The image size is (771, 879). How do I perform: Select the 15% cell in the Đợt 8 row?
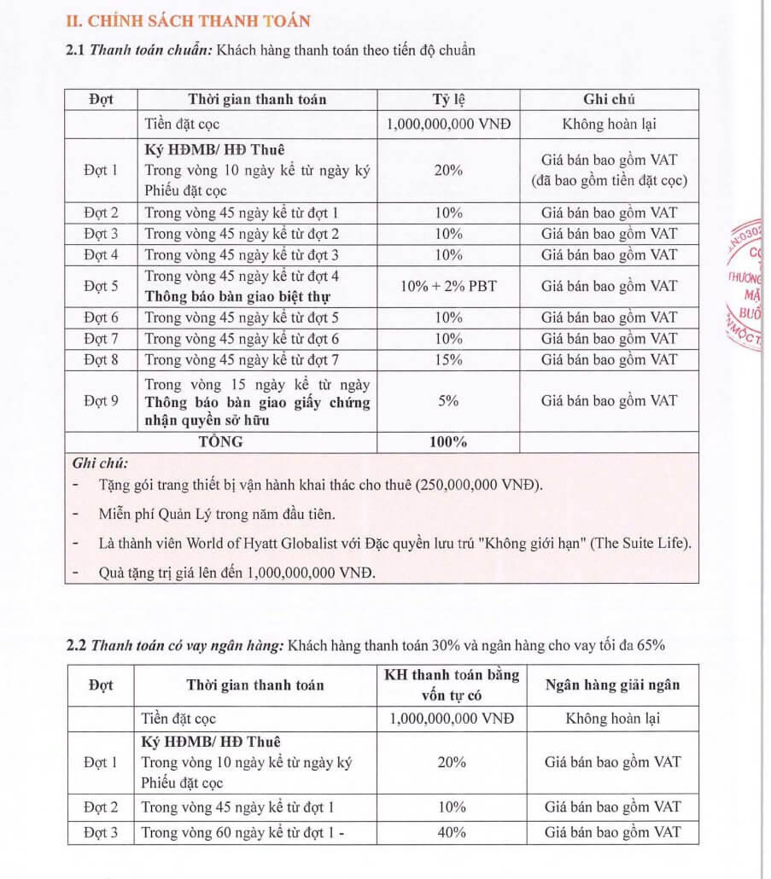pos(448,359)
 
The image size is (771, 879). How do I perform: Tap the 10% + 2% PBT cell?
pos(448,286)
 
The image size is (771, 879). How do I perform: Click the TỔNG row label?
pos(220,442)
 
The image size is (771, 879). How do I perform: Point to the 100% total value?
pos(448,442)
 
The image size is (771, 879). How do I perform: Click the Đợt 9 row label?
pos(101,400)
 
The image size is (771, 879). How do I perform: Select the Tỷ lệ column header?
pos(448,99)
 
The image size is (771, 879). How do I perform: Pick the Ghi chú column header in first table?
pos(609,99)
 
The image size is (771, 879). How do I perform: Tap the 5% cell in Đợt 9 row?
pos(448,400)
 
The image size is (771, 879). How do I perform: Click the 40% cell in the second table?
pos(451,832)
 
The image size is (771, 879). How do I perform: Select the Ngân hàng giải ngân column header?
pos(613,684)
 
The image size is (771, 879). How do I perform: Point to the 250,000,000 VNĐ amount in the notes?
pos(478,486)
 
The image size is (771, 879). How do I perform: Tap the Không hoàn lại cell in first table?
pos(609,124)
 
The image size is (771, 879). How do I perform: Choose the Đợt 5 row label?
pos(101,286)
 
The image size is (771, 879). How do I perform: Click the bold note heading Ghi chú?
pos(100,463)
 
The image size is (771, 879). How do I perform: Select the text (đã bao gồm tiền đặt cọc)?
pos(609,180)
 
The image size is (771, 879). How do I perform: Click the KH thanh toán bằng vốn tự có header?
pos(451,684)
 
